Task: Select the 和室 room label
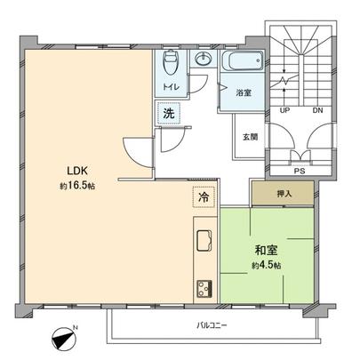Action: (265, 252)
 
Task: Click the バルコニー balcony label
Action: (212, 325)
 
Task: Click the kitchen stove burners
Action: (203, 288)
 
